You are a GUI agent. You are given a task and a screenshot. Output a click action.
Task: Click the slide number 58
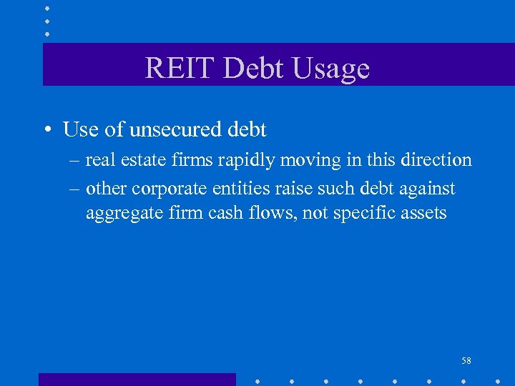click(466, 361)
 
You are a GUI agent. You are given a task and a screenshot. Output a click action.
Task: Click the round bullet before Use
click(46, 130)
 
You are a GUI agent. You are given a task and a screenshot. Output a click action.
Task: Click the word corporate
click(164, 189)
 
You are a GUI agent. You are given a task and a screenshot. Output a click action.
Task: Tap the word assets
click(422, 212)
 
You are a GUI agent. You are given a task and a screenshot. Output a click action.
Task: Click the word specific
click(363, 213)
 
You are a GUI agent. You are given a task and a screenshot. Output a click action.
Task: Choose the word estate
click(137, 160)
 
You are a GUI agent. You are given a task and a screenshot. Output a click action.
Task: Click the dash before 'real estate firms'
click(75, 160)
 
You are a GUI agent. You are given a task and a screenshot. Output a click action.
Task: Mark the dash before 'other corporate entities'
click(75, 189)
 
